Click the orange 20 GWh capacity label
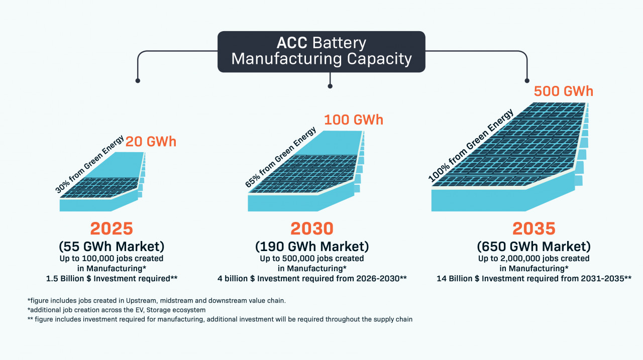(151, 142)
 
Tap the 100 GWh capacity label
(354, 119)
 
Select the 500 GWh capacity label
(564, 91)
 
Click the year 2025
(112, 228)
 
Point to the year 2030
(312, 228)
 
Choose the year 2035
(534, 228)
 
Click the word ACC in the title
(292, 43)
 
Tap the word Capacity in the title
(379, 59)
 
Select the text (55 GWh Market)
(112, 247)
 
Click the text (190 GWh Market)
(312, 247)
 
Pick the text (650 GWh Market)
(534, 247)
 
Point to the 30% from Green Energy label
(89, 164)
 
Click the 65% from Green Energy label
(281, 157)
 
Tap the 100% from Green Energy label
(471, 146)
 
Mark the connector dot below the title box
(330, 86)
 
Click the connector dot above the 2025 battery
(138, 81)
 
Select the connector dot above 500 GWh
(527, 81)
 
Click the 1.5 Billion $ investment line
(112, 279)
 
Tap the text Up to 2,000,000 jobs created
(534, 259)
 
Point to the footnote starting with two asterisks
(220, 319)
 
